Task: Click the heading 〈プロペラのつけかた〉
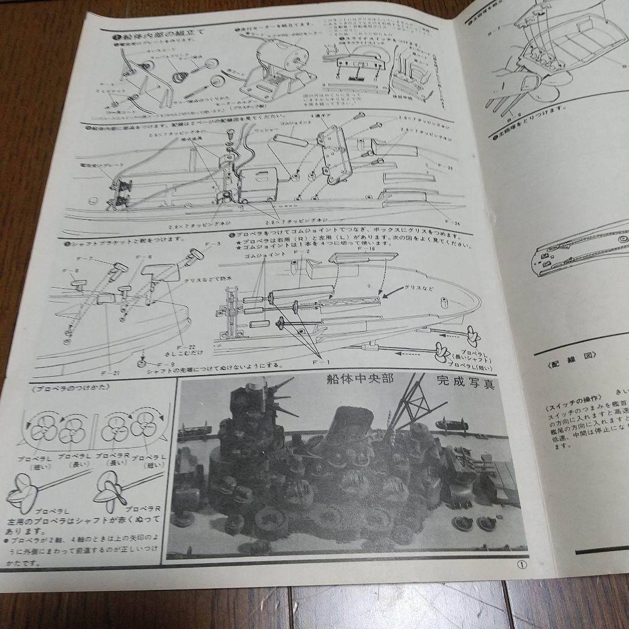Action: pos(57,388)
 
